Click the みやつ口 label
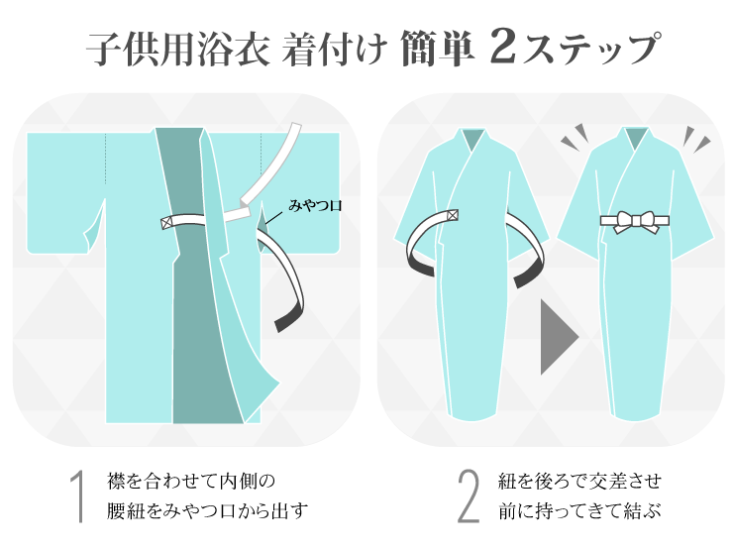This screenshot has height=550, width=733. pos(315,205)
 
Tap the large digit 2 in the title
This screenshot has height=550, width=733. pos(503,47)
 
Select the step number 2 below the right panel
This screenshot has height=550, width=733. pos(469,495)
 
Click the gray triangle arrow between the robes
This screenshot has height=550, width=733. pos(557,337)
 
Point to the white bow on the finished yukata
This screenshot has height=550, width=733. pos(634,222)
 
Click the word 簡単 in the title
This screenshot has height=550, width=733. pos(437,49)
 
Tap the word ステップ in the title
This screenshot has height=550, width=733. pos(591,49)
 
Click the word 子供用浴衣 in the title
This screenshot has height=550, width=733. pos(178,49)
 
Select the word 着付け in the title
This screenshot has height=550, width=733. pos(335,49)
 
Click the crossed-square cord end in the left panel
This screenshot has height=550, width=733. pos(166,223)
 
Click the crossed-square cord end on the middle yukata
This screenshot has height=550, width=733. pos(453,215)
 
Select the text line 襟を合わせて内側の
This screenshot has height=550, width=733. pos(191,481)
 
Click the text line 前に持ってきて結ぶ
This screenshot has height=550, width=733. pos(579,510)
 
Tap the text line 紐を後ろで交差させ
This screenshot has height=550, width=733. pos(579,481)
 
